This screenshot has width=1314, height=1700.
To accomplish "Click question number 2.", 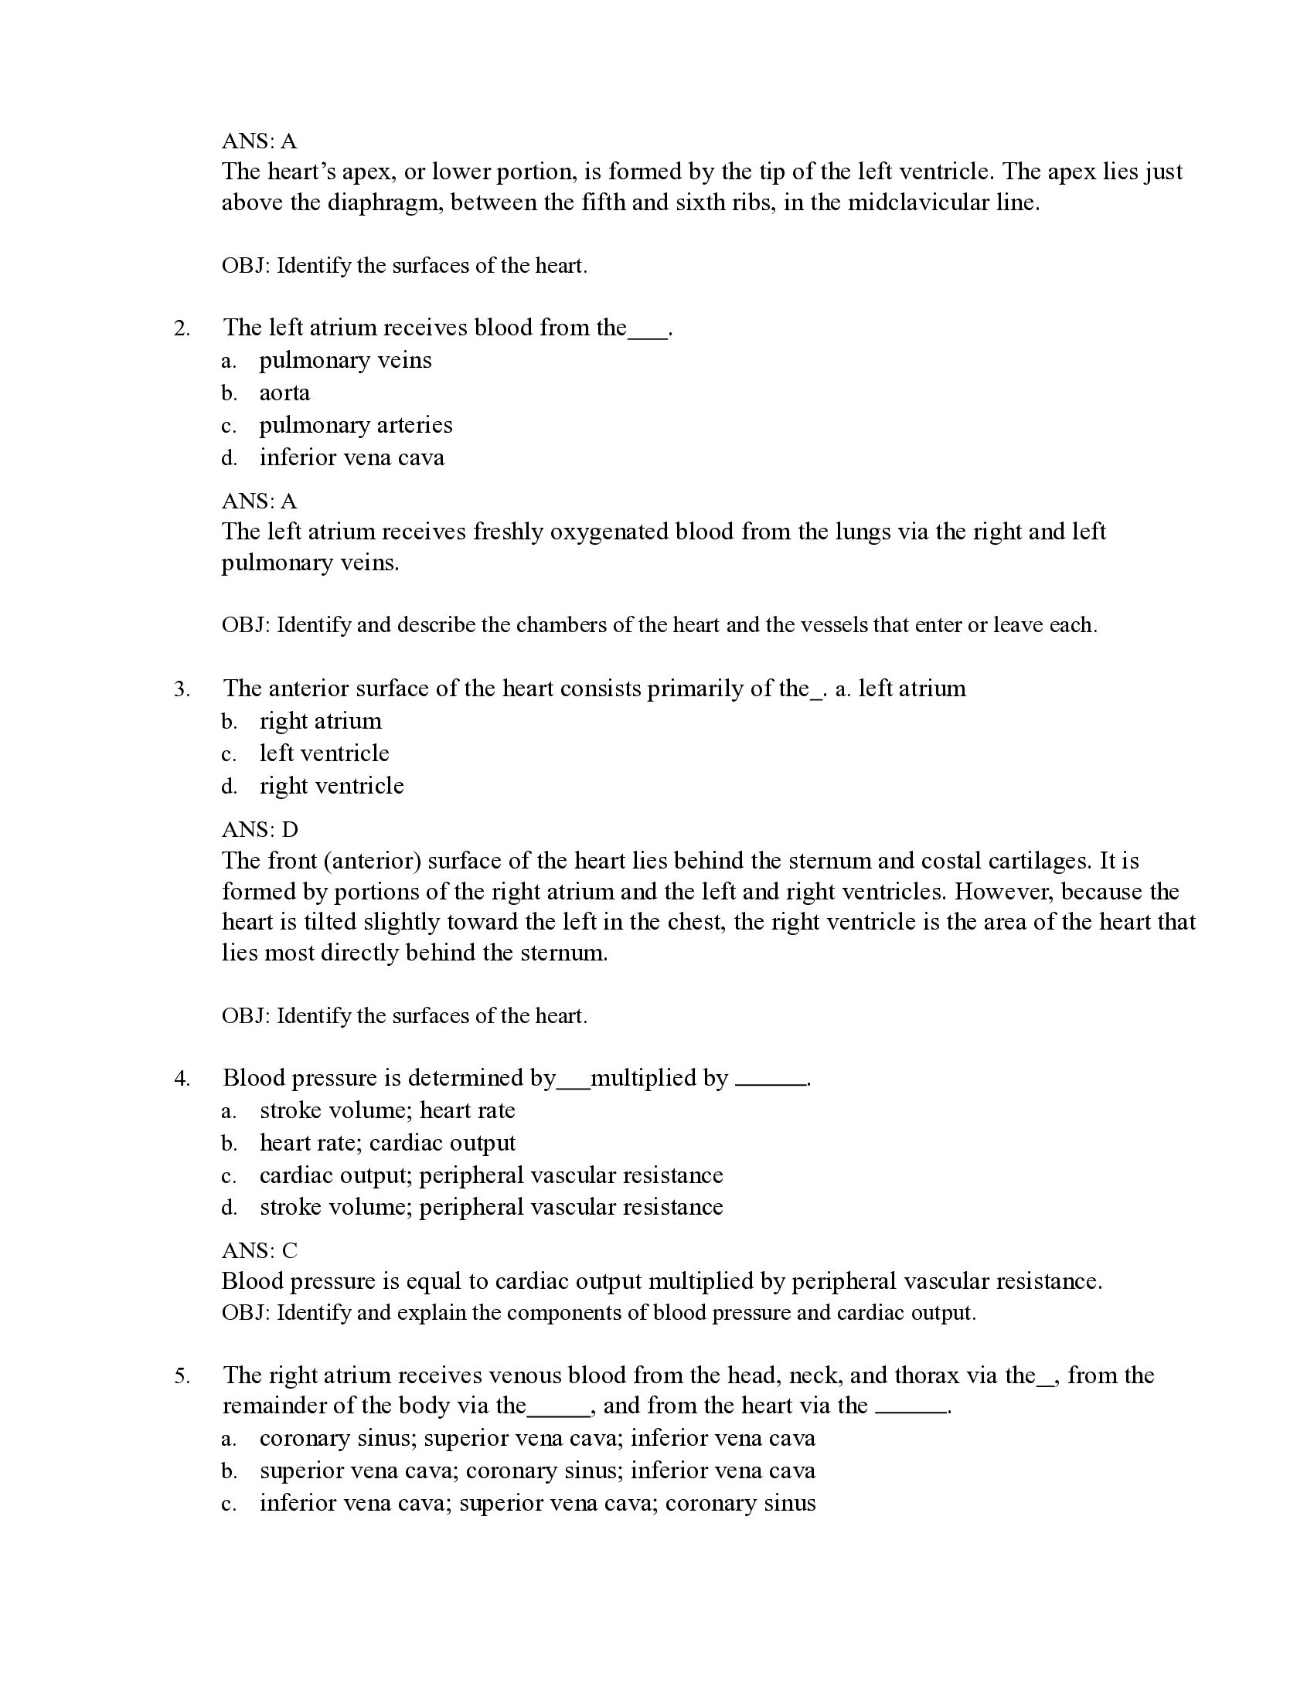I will pos(182,328).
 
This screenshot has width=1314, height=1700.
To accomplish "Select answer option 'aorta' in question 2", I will pos(284,393).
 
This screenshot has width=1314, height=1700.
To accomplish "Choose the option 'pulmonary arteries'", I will pos(355,425).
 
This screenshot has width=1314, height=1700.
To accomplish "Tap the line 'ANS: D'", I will pos(259,829).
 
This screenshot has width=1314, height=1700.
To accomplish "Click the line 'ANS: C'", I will pos(259,1251).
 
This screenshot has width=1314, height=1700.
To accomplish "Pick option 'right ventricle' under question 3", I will pos(332,785).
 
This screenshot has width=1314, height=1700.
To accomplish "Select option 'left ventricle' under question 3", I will pos(324,753).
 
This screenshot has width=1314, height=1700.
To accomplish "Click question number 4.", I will pos(182,1079).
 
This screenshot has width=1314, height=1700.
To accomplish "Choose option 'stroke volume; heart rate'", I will pos(387,1110).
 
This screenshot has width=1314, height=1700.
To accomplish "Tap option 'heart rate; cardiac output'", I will pos(387,1143).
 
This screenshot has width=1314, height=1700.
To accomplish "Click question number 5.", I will pos(182,1376).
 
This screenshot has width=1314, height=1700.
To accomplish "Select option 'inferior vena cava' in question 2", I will pos(351,457).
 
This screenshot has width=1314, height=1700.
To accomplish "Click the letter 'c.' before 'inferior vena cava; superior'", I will pos(228,1504).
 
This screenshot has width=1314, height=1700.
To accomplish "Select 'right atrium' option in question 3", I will pos(320,721).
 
